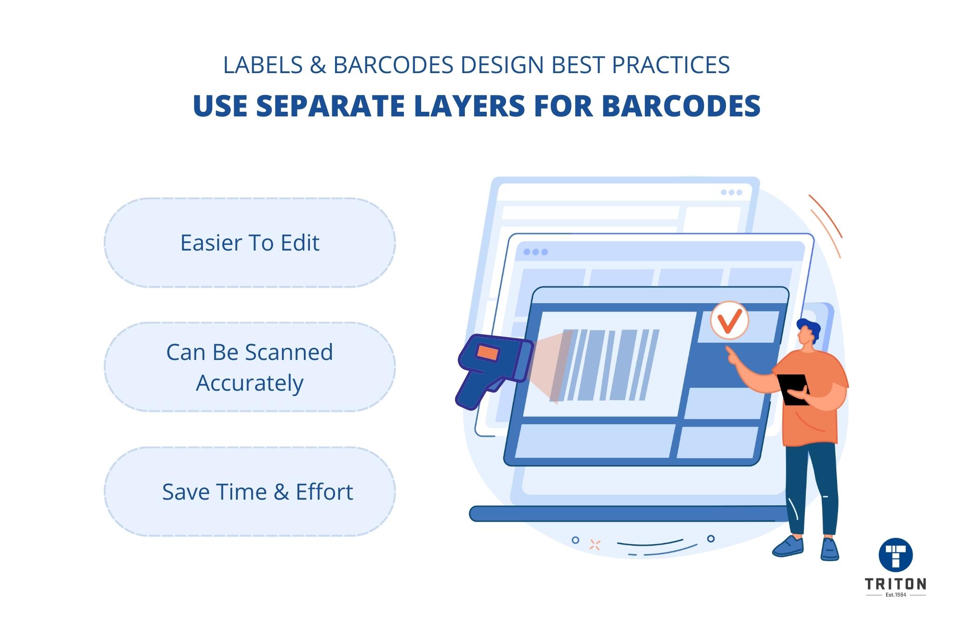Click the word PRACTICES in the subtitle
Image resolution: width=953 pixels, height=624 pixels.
pos(671,65)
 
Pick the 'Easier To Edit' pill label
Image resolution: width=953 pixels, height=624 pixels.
pos(250,243)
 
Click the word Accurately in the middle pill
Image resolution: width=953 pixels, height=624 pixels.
pos(250,383)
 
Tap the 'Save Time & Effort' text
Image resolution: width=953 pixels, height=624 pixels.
pos(257,492)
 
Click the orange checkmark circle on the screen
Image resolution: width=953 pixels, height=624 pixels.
pos(729,320)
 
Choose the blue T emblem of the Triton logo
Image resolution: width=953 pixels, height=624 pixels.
pos(895,555)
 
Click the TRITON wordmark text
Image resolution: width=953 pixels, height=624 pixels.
pos(895,584)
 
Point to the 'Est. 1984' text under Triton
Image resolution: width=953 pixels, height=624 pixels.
pos(895,595)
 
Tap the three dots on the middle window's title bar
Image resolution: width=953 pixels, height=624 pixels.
pos(536,252)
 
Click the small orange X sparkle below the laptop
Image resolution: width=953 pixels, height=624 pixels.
pos(595,545)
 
